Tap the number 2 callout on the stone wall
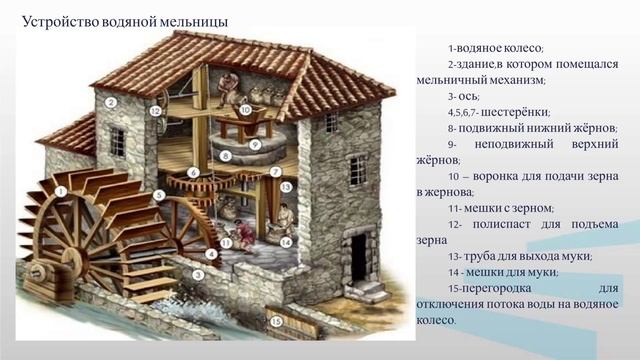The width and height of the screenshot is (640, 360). [x=113, y=101]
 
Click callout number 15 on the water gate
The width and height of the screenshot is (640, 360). [x=275, y=325]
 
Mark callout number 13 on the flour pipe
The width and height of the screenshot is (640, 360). [x=285, y=187]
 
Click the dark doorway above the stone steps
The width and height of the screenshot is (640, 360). [x=355, y=258]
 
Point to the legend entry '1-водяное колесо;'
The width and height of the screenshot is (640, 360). [x=496, y=48]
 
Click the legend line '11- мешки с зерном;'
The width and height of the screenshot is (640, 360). [x=500, y=208]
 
